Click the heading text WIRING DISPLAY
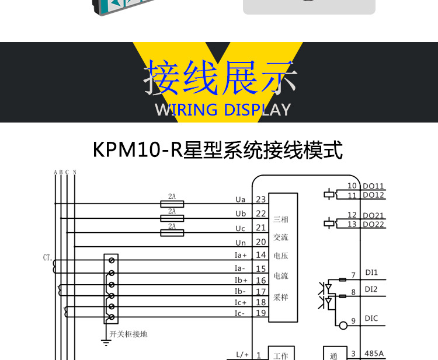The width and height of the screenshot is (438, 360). (223, 110)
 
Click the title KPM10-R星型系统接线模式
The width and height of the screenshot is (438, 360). (218, 150)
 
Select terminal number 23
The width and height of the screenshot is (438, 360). (260, 200)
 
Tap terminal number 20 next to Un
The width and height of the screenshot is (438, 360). (260, 242)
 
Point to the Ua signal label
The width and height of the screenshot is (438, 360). (240, 200)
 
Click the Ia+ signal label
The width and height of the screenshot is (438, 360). (241, 255)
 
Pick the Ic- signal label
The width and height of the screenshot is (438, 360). (241, 313)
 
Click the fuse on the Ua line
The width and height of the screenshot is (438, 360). (172, 204)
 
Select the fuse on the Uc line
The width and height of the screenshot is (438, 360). (172, 233)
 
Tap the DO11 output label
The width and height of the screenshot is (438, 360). (373, 186)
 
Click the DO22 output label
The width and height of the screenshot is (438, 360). (373, 225)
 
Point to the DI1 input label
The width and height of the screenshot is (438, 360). (371, 272)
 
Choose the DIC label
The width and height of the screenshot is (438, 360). (371, 319)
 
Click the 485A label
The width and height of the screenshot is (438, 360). (374, 353)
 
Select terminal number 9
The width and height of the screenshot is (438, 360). (353, 320)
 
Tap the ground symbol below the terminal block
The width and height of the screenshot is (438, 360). (106, 342)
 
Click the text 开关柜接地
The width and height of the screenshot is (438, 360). (129, 334)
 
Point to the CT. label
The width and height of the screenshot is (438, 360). (48, 257)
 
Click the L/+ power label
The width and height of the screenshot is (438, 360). (242, 354)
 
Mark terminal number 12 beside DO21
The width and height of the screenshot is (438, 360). (352, 215)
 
